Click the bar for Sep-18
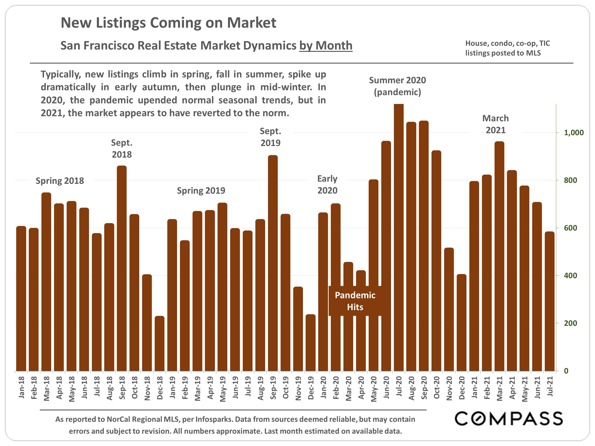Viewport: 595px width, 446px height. click(122, 269)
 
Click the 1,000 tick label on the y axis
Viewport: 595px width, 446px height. click(574, 132)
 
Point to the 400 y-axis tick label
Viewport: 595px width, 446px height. click(570, 275)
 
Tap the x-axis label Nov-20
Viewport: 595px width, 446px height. click(449, 388)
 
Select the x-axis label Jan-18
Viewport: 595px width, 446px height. click(21, 387)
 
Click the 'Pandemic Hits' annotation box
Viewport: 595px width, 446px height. click(355, 301)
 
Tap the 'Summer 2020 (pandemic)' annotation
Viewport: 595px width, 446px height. click(397, 86)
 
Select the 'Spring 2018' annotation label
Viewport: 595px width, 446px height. click(60, 181)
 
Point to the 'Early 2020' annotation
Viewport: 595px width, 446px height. click(327, 184)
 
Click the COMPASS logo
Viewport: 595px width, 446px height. click(508, 419)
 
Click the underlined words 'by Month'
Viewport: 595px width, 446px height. click(326, 45)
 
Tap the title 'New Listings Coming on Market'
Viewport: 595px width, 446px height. click(169, 23)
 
